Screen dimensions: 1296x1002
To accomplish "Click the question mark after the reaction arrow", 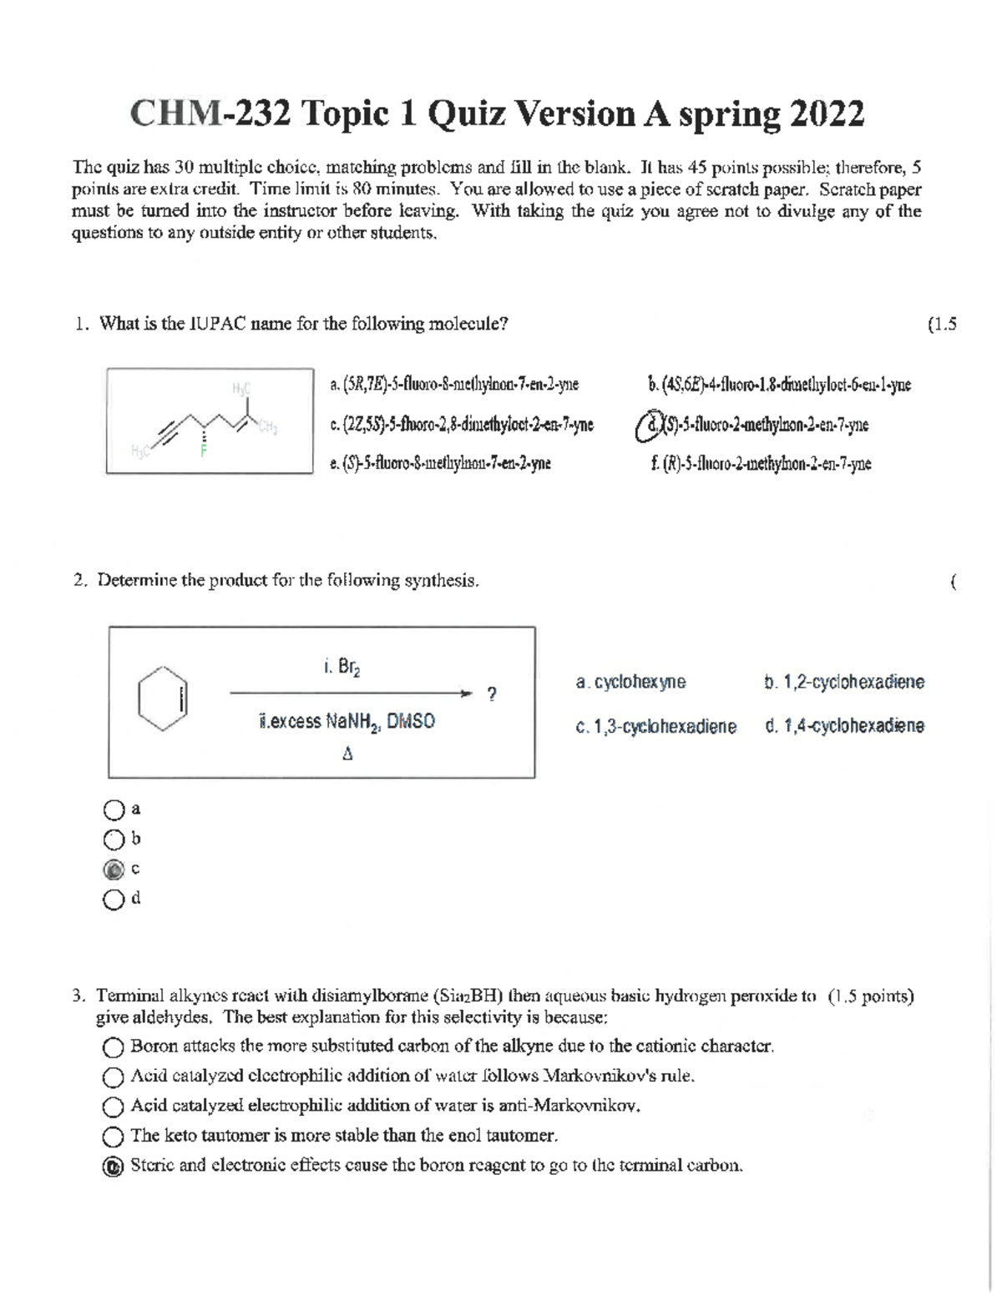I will click(x=492, y=694).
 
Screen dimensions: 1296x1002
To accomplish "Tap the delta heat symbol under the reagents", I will click(x=347, y=754).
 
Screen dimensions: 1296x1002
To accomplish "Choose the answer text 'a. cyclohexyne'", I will click(x=630, y=682).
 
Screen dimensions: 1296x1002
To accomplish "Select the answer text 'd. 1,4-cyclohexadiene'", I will click(x=844, y=725).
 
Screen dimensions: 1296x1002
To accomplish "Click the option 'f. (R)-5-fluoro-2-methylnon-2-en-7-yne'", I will click(x=760, y=464).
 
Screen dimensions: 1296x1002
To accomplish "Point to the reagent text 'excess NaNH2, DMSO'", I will click(x=347, y=722).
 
